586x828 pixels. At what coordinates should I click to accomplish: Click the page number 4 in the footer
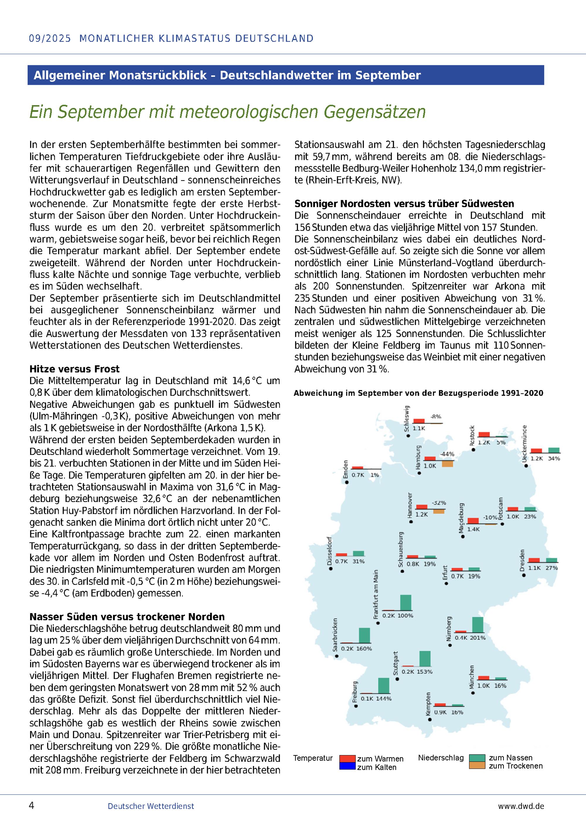[x=31, y=805]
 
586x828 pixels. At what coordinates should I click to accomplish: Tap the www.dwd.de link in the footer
[x=521, y=806]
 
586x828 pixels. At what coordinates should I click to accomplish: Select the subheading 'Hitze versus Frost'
[x=74, y=369]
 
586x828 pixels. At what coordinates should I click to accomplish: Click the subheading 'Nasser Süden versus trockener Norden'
[x=127, y=617]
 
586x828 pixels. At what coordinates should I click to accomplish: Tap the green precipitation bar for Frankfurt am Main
[x=406, y=602]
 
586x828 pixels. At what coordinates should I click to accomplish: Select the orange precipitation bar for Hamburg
[x=447, y=464]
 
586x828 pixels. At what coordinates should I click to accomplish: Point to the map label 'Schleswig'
[x=407, y=419]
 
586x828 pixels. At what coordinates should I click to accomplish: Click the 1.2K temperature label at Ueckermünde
[x=536, y=459]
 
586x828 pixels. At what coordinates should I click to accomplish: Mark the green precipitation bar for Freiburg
[x=384, y=685]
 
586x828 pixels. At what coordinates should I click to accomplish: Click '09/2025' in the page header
[x=50, y=39]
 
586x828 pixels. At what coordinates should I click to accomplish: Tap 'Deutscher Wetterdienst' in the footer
[x=151, y=806]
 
